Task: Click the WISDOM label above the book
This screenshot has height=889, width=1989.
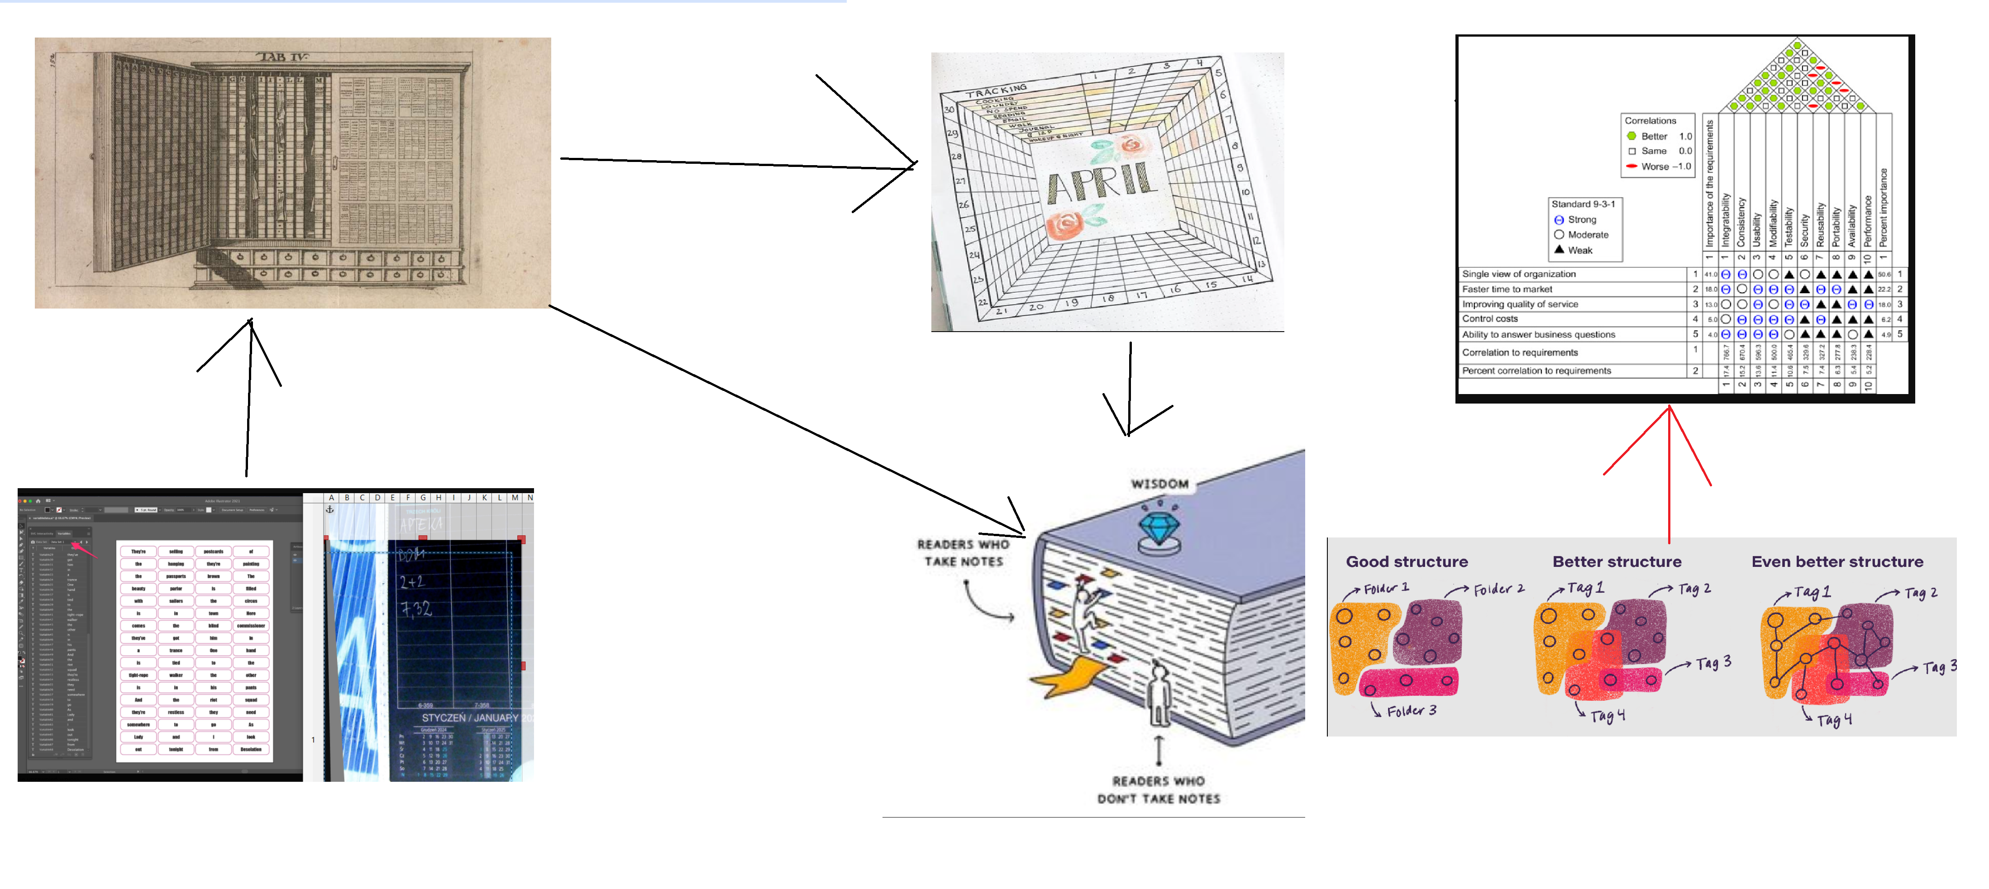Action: (x=1160, y=484)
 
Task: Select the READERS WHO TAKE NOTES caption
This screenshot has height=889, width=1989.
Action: (x=963, y=552)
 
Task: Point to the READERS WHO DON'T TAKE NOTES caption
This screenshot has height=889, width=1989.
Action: (x=1158, y=789)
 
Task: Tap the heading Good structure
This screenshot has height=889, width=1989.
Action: (x=1407, y=562)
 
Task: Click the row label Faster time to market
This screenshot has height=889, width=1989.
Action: (x=1507, y=289)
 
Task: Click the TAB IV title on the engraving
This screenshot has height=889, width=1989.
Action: (x=282, y=57)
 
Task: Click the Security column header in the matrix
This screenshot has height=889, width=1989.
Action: (x=1804, y=230)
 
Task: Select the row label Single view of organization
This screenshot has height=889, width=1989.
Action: (x=1518, y=274)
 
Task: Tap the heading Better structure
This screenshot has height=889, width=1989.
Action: (x=1617, y=562)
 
